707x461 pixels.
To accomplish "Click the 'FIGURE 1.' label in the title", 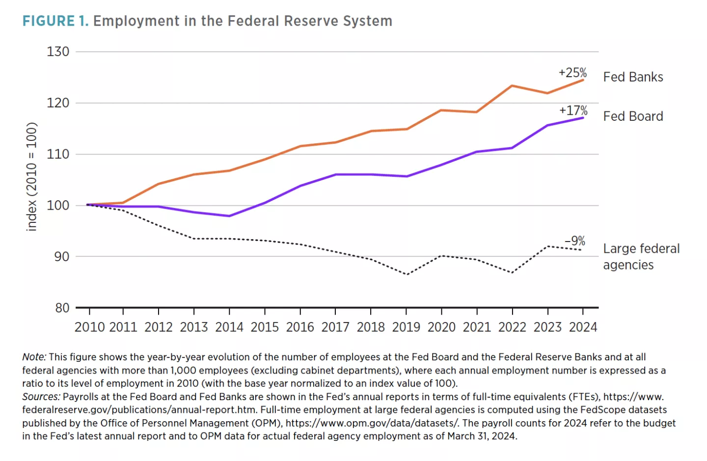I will click(55, 21).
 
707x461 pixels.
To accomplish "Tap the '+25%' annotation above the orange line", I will click(572, 73).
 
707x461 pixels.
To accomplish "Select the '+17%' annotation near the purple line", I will click(573, 110).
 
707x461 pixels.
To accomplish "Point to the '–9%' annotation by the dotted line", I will click(575, 241).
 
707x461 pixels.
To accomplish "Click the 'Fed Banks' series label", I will click(633, 77).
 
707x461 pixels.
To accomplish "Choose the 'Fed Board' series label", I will click(633, 116).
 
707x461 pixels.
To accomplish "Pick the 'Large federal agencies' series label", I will click(641, 257).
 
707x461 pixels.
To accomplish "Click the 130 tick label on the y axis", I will click(58, 52).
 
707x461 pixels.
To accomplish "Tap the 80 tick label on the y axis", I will click(62, 308).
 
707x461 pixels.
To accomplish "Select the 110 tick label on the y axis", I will click(58, 154).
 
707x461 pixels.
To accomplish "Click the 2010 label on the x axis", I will click(89, 327).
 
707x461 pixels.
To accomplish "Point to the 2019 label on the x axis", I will click(406, 327).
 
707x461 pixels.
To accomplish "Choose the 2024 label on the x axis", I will click(583, 327).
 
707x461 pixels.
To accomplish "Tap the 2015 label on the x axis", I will click(265, 327).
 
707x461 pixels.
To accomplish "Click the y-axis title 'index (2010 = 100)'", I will click(31, 177).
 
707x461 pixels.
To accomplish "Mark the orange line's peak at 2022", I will click(512, 86).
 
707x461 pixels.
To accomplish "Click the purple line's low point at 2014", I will click(229, 216).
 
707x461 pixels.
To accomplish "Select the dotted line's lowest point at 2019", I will click(407, 274).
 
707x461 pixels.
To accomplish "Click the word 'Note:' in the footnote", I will click(34, 357).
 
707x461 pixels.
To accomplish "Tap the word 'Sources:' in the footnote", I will click(41, 397).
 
